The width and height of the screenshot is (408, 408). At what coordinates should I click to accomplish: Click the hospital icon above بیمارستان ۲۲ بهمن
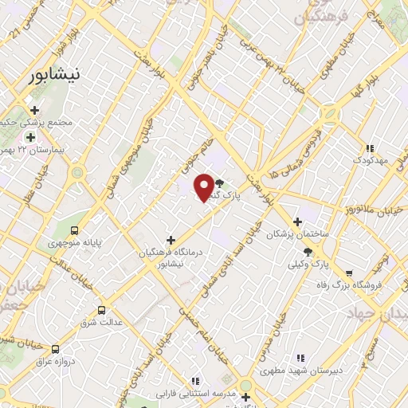[x=31, y=138]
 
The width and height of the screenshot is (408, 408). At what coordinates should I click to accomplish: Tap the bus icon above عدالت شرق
[x=101, y=311]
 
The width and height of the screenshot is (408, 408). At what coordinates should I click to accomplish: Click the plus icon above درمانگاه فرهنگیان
[x=171, y=239]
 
